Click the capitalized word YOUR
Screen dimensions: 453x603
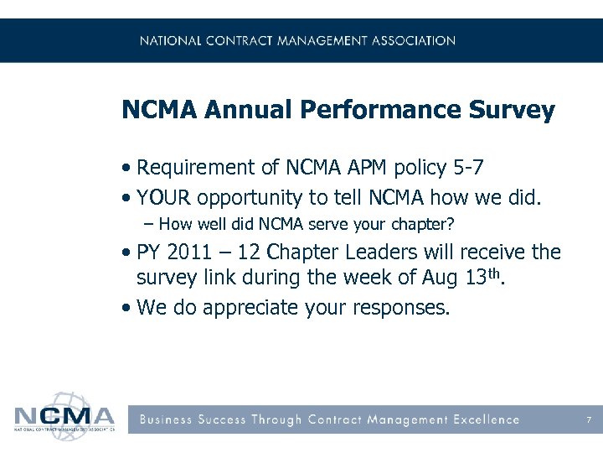click(162, 198)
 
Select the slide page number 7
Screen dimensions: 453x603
click(590, 419)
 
